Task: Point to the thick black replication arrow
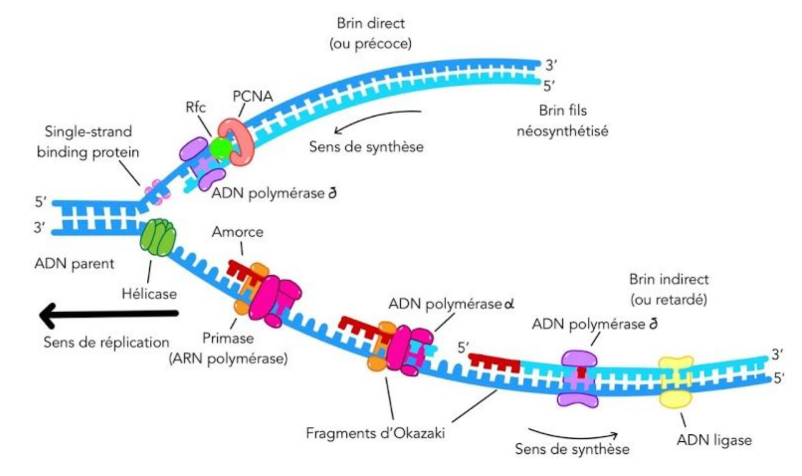click(109, 314)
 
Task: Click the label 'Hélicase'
click(149, 294)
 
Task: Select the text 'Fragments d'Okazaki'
click(375, 433)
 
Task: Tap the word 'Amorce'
click(238, 232)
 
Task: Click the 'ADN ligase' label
click(714, 440)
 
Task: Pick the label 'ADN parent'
click(74, 264)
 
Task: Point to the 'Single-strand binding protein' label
click(88, 142)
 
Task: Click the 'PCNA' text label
click(253, 96)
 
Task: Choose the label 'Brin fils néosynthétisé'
click(562, 121)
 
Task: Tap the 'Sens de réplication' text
click(107, 342)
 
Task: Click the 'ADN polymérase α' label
click(451, 304)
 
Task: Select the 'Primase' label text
click(228, 339)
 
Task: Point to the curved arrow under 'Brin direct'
click(377, 119)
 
